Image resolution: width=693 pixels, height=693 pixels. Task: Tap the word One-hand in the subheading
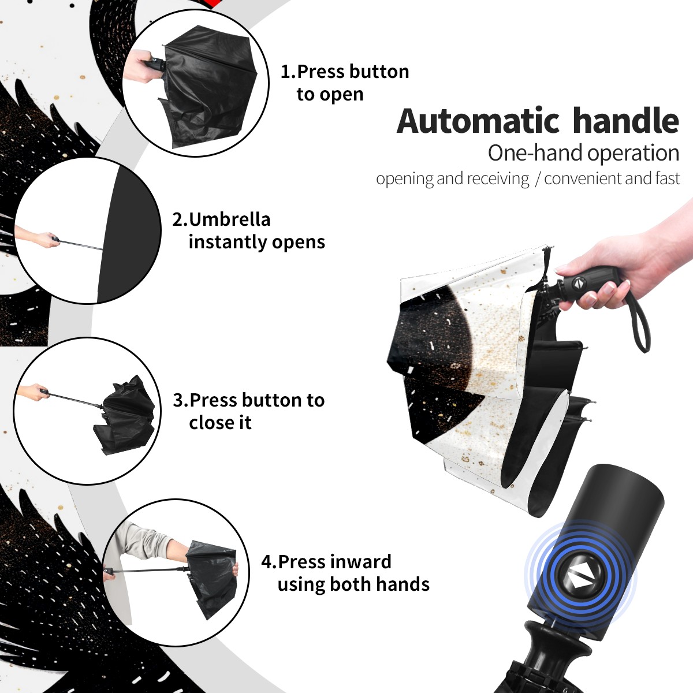point(536,153)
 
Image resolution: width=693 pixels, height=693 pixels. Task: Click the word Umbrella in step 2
point(229,219)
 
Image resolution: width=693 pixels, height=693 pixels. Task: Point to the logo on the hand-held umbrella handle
point(578,284)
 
